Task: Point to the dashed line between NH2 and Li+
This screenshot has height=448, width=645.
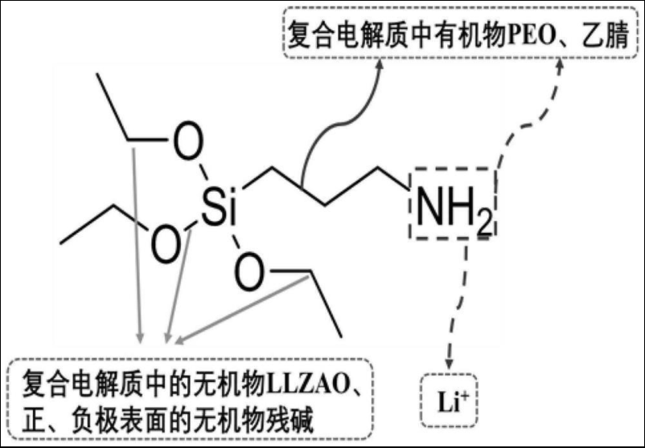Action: pos(459,297)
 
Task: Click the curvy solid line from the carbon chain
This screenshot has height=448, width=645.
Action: pos(326,132)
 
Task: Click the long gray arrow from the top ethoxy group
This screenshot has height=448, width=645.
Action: pos(136,241)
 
